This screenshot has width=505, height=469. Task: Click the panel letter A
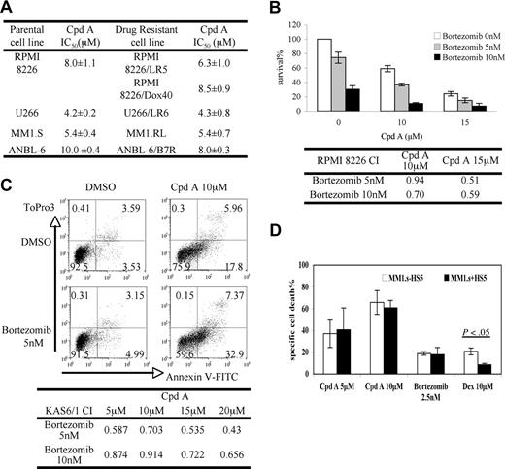point(10,9)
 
